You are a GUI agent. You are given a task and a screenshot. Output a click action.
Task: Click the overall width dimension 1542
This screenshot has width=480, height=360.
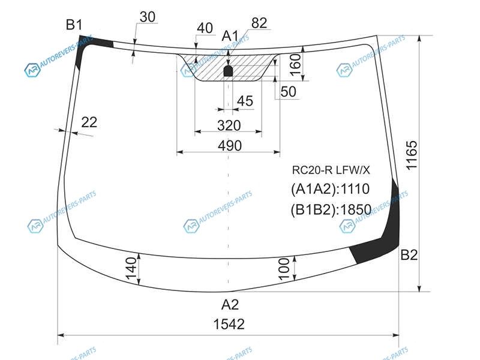(229, 324)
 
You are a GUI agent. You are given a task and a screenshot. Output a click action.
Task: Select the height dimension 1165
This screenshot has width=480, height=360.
(412, 155)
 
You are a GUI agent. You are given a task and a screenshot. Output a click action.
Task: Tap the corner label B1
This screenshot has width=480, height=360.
(74, 25)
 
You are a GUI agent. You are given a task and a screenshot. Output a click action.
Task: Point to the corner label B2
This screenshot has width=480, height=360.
(409, 254)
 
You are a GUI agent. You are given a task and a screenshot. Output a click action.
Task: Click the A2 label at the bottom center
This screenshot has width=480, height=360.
(230, 305)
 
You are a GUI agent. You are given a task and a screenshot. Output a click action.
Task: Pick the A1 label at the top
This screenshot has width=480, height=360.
(230, 36)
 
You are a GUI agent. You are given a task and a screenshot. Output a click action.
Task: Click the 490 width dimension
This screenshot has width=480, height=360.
(230, 146)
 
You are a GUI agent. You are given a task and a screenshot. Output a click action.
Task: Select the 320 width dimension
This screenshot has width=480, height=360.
(229, 125)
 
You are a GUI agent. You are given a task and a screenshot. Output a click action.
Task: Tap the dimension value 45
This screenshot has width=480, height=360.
(245, 101)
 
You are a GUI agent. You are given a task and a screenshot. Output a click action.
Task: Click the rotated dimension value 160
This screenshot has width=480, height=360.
(295, 65)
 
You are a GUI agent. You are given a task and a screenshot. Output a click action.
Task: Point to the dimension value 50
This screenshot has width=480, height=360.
(289, 92)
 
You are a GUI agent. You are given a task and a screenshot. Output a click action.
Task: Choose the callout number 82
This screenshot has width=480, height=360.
(259, 23)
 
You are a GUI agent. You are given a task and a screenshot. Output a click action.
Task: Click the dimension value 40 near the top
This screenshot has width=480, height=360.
(205, 28)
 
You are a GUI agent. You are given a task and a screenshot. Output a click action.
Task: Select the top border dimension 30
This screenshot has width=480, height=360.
(148, 17)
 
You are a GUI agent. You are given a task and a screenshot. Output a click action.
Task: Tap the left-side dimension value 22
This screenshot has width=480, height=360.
(89, 122)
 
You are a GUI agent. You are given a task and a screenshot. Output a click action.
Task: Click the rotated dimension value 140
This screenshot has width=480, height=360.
(131, 268)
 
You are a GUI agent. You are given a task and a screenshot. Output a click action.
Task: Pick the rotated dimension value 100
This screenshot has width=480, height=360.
(284, 269)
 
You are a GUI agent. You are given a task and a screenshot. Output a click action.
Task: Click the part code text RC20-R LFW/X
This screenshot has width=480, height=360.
(331, 170)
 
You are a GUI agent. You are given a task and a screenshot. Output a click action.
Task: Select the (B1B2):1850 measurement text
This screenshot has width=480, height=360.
(331, 209)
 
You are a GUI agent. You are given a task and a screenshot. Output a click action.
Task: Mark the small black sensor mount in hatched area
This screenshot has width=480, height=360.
(229, 71)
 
